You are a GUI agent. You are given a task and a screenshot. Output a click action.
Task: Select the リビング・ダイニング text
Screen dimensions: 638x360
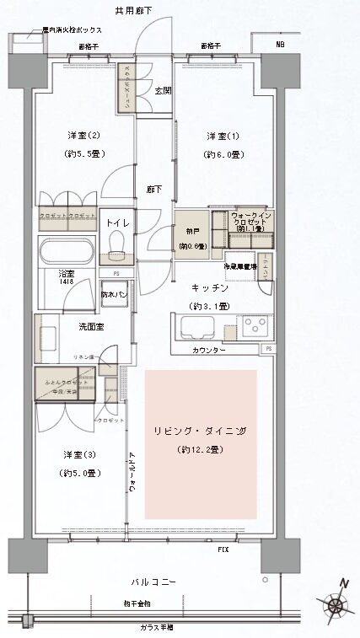(200, 431)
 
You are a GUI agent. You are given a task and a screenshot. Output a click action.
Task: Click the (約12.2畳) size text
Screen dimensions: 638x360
(200, 452)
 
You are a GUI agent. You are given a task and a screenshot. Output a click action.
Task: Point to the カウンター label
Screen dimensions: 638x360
(208, 349)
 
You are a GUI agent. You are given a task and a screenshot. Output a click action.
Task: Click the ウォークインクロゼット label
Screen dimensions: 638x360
(250, 221)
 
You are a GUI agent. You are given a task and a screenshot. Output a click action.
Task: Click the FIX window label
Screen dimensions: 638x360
(223, 550)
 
